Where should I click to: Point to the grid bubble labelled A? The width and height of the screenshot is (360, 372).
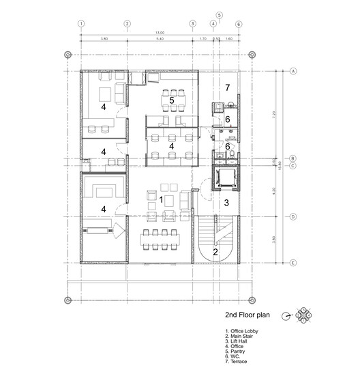pyautogui.click(x=292, y=71)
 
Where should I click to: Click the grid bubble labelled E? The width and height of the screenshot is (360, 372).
pyautogui.click(x=292, y=263)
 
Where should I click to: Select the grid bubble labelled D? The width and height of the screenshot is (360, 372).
pyautogui.click(x=292, y=217)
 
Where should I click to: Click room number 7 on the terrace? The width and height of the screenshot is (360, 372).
pyautogui.click(x=228, y=87)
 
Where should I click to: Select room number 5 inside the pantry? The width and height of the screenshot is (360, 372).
pyautogui.click(x=172, y=100)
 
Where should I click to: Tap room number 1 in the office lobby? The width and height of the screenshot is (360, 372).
pyautogui.click(x=161, y=199)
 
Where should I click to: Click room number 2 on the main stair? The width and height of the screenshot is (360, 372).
pyautogui.click(x=215, y=252)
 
